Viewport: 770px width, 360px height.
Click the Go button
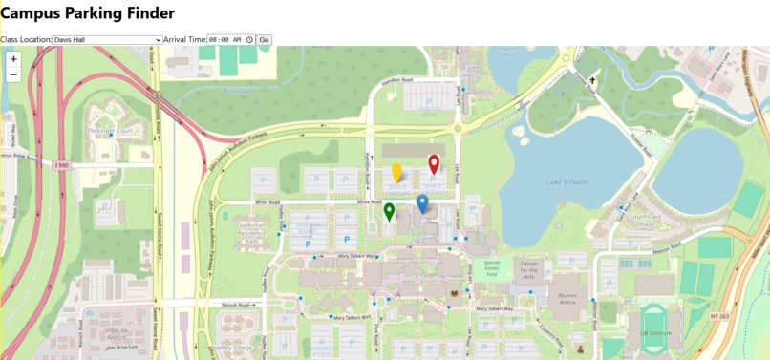pos(265,40)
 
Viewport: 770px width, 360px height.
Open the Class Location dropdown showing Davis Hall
pos(107,40)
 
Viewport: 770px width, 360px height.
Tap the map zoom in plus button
pos(13,59)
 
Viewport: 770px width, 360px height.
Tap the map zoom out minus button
pos(13,74)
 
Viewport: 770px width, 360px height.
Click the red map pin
pos(434,164)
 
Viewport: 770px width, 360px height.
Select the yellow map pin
pos(397,172)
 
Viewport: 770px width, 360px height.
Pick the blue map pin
pos(422,202)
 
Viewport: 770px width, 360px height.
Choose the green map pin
pos(389,211)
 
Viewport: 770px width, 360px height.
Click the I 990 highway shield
pos(62,165)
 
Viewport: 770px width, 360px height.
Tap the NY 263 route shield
pos(720,316)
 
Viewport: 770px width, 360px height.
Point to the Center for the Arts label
pos(529,270)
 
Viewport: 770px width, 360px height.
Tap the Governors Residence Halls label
pos(251,233)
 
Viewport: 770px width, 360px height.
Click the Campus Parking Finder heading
pos(87,13)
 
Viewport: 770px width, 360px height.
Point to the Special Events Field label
pos(492,267)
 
